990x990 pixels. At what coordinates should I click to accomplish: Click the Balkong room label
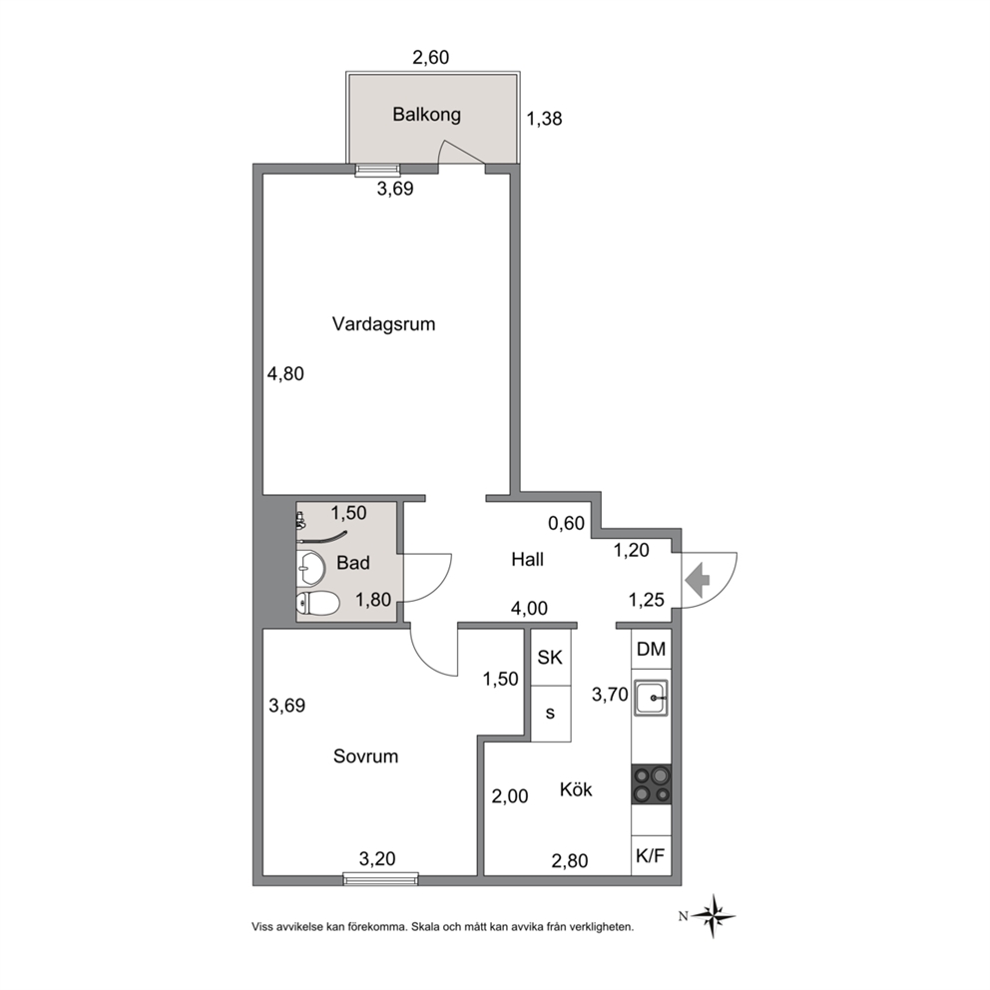click(427, 115)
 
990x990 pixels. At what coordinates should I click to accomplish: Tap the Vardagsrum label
click(384, 324)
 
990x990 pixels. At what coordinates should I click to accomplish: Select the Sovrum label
click(365, 756)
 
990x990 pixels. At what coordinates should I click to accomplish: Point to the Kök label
click(576, 789)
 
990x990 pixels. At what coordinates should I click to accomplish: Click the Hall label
click(527, 559)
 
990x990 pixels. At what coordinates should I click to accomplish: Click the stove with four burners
click(652, 784)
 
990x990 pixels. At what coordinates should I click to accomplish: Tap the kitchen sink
click(652, 698)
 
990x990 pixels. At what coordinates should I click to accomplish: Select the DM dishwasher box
click(651, 649)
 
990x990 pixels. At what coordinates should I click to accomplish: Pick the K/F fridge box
click(651, 856)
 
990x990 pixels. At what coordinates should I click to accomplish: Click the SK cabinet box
click(551, 658)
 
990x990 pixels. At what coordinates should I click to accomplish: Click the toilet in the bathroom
click(318, 603)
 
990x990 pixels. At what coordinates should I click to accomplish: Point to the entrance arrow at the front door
click(698, 580)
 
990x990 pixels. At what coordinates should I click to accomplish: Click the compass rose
click(713, 915)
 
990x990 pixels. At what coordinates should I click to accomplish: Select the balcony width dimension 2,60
click(430, 58)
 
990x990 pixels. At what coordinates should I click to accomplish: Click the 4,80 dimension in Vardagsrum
click(285, 374)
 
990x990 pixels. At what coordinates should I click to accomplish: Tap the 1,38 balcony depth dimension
click(544, 119)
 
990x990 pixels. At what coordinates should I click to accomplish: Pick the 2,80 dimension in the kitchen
click(570, 860)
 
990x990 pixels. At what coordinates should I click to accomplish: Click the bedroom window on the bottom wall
click(380, 878)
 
